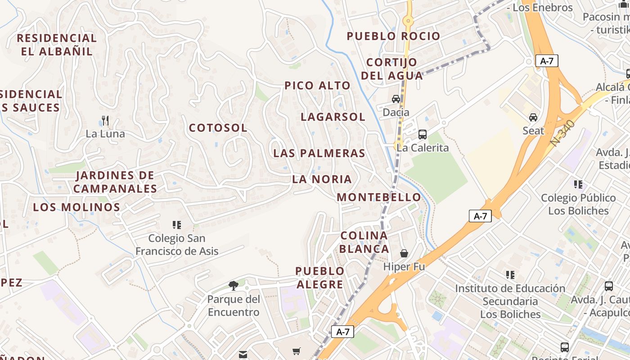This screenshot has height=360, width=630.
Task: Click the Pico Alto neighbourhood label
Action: pos(317,85)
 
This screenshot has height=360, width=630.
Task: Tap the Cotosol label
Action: pos(218,128)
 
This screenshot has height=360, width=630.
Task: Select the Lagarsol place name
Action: pos(333,117)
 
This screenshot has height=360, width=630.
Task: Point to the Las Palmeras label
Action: pos(319,153)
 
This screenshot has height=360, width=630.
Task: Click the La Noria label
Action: pos(322,179)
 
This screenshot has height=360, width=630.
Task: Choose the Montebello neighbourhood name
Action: pos(378,197)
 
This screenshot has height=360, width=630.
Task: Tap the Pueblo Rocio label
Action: pos(393,36)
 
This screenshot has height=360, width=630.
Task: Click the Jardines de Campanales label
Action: pos(115,182)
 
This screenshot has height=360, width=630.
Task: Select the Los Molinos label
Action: pos(76,207)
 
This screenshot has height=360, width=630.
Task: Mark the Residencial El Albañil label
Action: pos(57,45)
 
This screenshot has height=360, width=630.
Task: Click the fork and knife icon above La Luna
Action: pos(105,121)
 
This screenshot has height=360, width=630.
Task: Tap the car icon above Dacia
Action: pos(396,99)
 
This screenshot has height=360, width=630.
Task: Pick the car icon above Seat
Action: pos(533,117)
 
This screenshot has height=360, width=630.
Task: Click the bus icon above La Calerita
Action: pos(423,134)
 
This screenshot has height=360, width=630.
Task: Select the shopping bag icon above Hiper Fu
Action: pos(404,253)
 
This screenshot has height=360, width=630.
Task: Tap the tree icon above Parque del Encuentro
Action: pos(234,285)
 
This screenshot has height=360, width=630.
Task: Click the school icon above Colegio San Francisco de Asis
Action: pos(177,225)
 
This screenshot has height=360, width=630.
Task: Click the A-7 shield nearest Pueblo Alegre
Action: pos(342,332)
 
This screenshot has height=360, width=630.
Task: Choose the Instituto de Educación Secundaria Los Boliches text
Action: pos(510,301)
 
